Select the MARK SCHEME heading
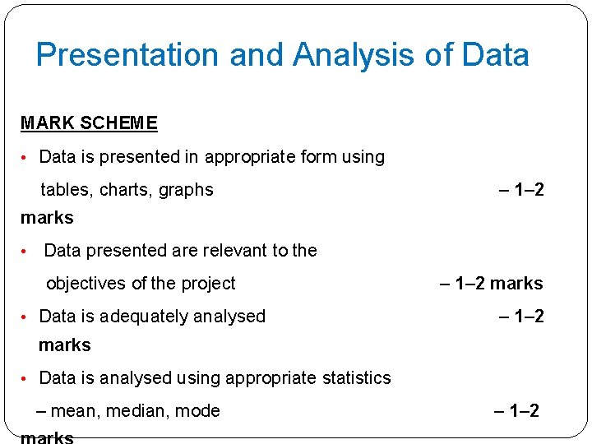pyautogui.click(x=89, y=123)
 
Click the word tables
pyautogui.click(x=67, y=190)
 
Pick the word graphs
pyautogui.click(x=186, y=190)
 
